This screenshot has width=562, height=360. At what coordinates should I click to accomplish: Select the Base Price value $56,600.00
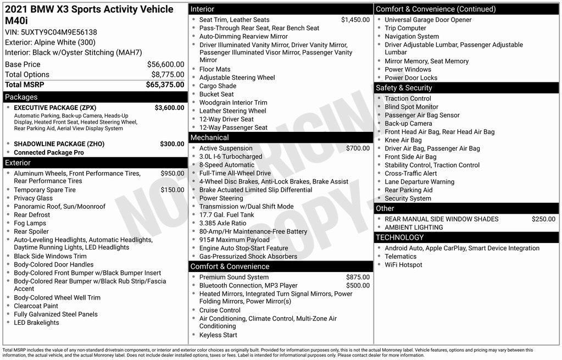(x=165, y=64)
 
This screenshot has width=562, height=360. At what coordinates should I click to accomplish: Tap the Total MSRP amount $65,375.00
(x=165, y=85)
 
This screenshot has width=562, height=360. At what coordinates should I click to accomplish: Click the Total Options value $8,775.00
(x=168, y=75)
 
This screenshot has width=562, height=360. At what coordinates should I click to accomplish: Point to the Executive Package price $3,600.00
(x=169, y=108)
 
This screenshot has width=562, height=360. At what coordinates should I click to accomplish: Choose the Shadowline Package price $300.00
(x=172, y=144)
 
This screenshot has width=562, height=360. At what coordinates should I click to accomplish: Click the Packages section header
(x=21, y=97)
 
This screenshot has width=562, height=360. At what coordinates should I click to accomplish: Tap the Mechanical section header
(x=209, y=137)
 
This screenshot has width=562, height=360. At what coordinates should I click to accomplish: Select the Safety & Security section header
(x=404, y=88)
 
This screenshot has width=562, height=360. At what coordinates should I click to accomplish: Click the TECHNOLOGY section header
(x=399, y=237)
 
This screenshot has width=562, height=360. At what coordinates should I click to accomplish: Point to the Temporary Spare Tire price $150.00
(x=173, y=190)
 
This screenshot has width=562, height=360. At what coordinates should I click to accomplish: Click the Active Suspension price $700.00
(x=358, y=148)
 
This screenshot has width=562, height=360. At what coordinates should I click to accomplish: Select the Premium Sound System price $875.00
(x=358, y=278)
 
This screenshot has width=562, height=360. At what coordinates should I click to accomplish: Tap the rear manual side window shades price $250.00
(x=543, y=219)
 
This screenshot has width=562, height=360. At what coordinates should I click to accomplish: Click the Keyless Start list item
(x=218, y=335)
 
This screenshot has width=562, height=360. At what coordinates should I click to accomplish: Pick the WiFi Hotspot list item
(x=403, y=265)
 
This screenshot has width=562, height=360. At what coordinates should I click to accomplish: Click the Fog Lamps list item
(x=30, y=224)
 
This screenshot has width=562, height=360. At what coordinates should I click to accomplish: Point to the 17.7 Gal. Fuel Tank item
(x=226, y=215)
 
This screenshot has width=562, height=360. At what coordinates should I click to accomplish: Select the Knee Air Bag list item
(x=403, y=140)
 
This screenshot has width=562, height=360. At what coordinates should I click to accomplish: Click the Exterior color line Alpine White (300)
(x=50, y=42)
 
